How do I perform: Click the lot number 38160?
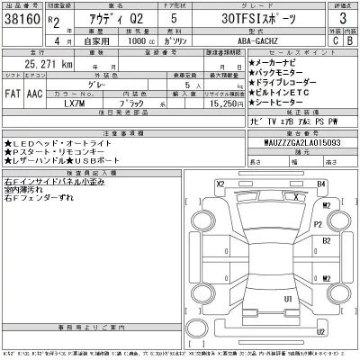pos(19,18)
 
